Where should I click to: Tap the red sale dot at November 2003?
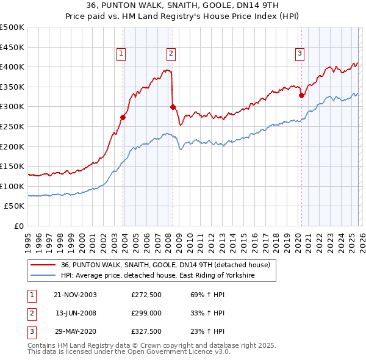pos(123,117)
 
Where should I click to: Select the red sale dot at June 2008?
pos(173,107)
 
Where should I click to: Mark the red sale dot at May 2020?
pos(301,95)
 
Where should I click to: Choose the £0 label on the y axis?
pos(19,226)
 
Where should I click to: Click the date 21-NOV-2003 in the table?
pos(76,295)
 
